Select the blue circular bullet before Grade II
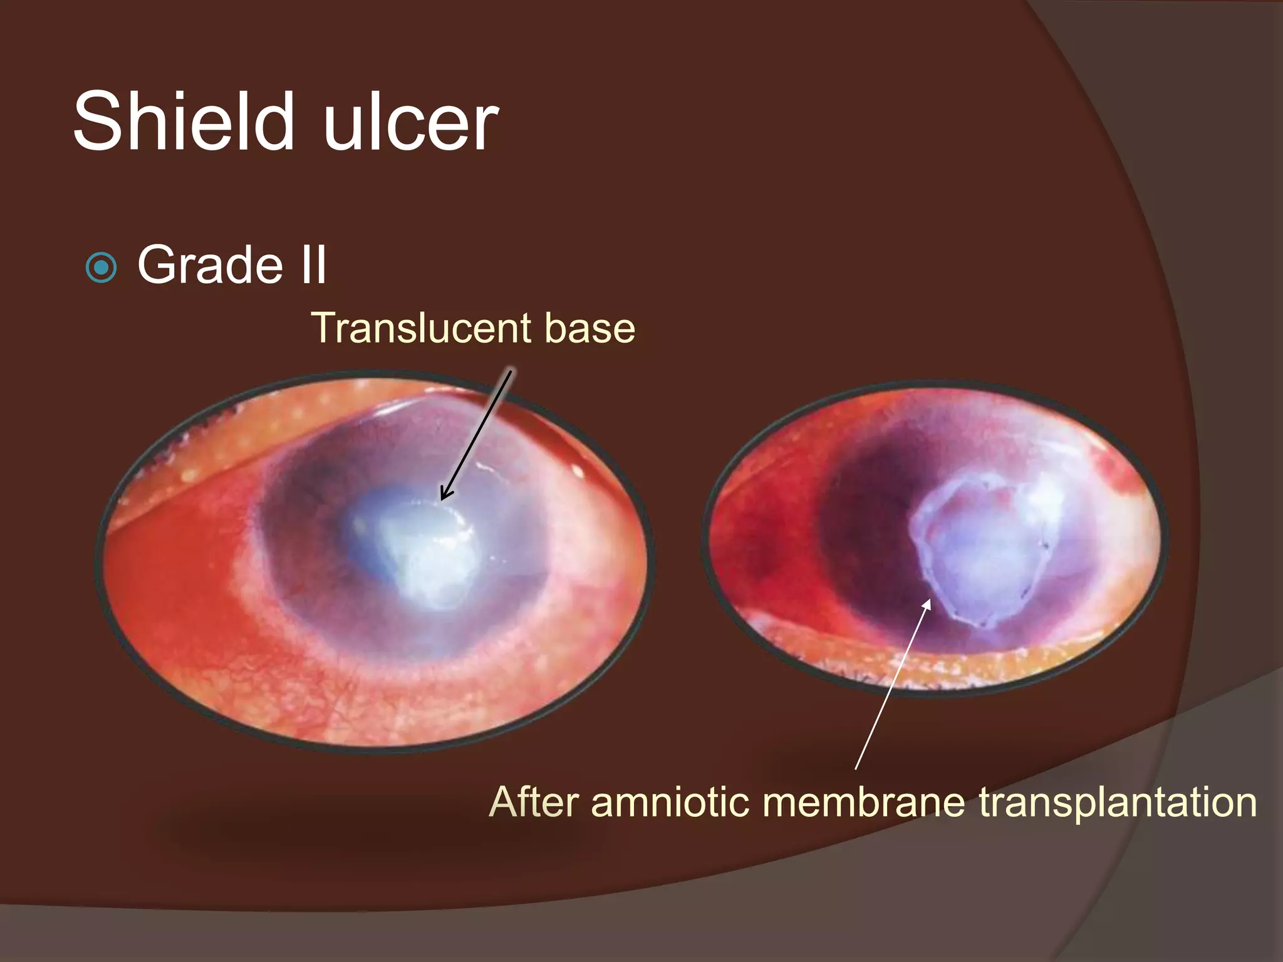(101, 268)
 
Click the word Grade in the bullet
(209, 265)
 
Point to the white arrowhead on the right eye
(927, 604)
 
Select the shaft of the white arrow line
(890, 689)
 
